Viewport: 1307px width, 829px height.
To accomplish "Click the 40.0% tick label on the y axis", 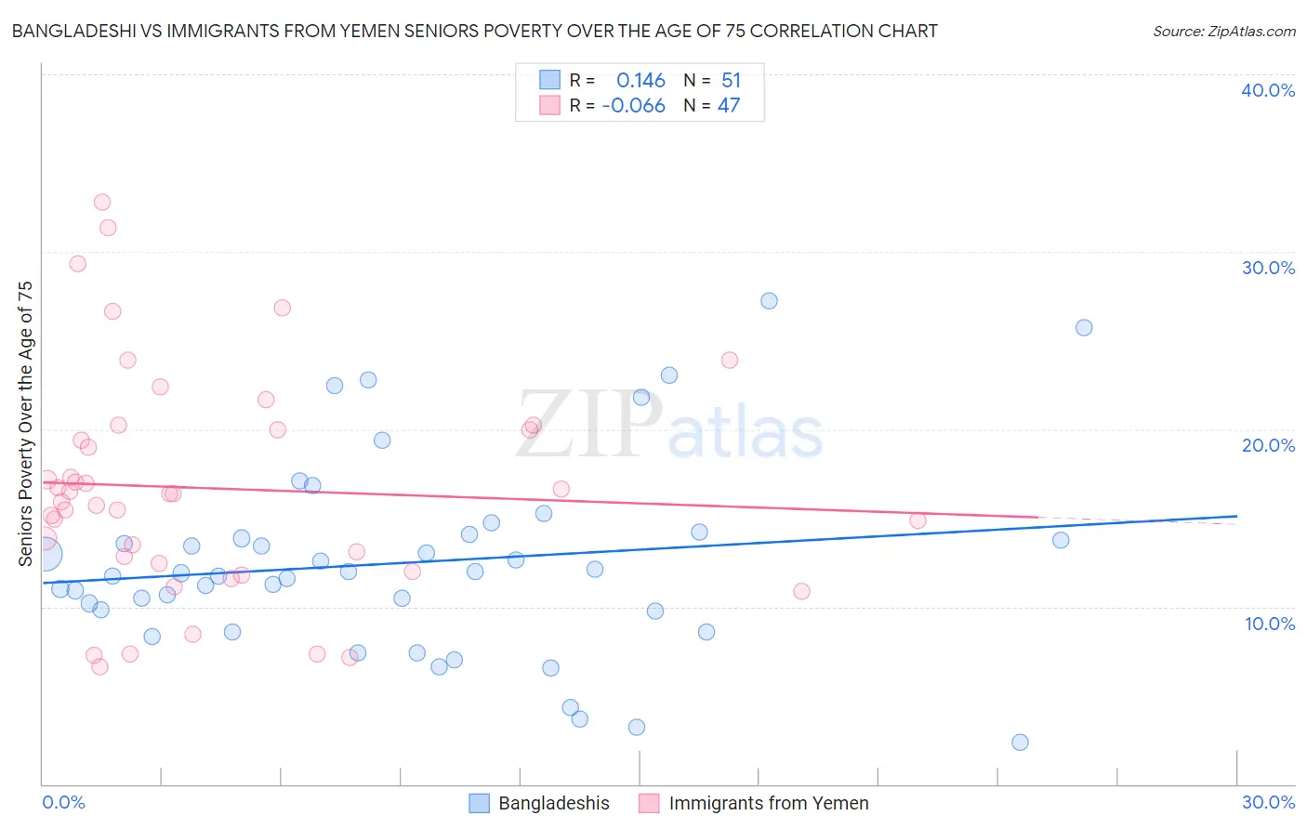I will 1268,90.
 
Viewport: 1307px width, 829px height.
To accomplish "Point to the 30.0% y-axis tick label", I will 1268,268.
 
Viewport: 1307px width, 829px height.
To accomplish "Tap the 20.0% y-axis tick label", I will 1268,445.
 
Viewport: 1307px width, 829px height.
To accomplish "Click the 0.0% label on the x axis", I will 63,802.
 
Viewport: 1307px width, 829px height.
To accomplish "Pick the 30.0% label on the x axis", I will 1268,802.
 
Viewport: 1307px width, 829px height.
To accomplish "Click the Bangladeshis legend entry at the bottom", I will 553,803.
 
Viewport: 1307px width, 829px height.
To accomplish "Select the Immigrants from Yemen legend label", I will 768,803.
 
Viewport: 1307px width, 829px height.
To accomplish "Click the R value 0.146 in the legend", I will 640,81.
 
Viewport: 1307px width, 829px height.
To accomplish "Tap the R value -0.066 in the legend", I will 633,106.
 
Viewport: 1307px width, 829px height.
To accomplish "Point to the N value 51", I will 731,81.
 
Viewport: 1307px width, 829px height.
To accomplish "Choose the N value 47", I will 728,106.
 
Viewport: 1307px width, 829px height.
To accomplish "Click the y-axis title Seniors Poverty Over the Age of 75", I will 26,423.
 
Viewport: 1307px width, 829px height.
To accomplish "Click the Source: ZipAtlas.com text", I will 1223,32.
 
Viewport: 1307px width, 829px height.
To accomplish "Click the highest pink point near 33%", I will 102,203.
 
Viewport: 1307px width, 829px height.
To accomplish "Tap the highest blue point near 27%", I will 769,301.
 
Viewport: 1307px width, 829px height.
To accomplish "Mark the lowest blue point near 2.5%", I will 1020,742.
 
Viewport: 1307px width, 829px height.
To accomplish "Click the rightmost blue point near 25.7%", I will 1084,327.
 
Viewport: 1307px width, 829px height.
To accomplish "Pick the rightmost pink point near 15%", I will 918,520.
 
